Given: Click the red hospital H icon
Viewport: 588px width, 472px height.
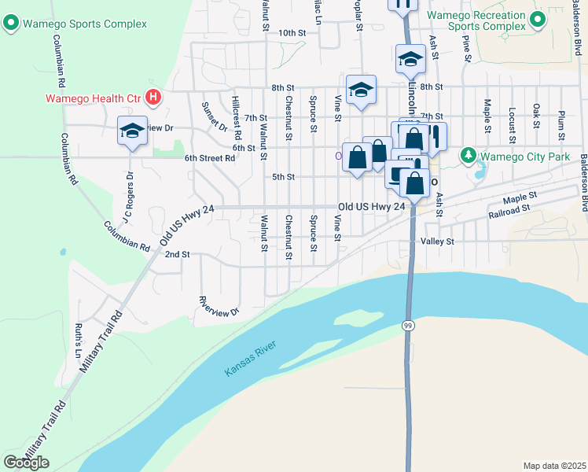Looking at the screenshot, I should point(154,98).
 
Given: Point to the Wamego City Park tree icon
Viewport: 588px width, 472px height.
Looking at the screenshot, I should point(469,157).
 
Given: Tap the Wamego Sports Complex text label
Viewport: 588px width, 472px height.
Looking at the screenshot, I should point(85,24).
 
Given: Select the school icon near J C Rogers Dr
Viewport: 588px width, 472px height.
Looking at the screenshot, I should point(133,131).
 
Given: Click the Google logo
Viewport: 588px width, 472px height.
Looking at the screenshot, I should point(26,463).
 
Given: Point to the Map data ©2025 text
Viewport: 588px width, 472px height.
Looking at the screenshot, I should point(554,466).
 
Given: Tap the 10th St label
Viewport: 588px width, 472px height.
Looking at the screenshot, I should point(291,32).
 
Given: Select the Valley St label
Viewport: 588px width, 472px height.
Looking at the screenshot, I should point(438,242).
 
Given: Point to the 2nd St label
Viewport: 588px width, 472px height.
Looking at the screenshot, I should point(177,254).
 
